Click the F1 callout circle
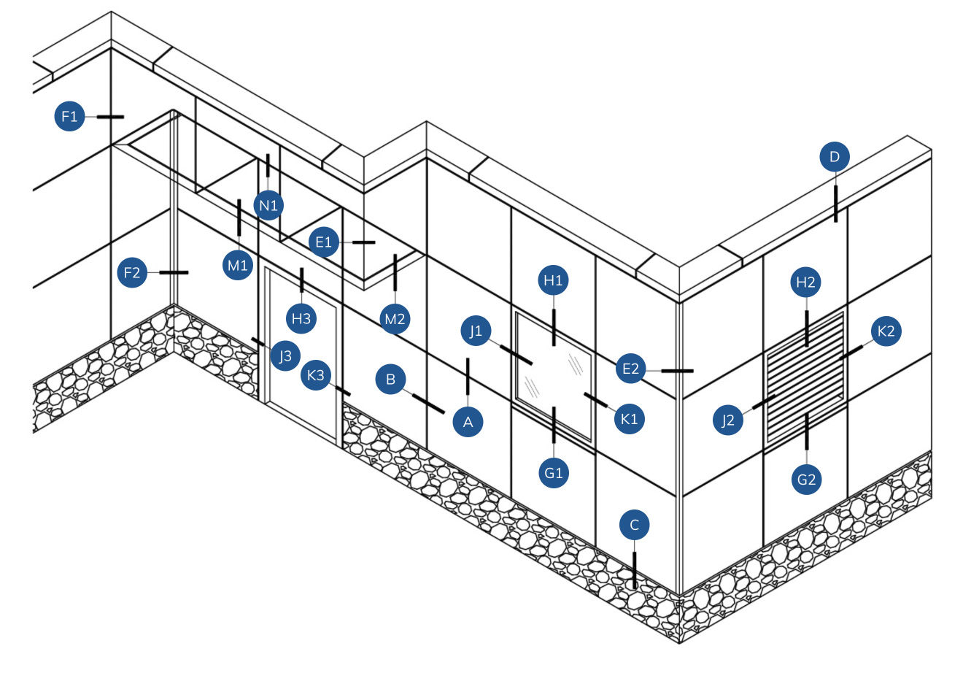pos(70,116)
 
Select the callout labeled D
pos(835,156)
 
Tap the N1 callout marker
pos(269,205)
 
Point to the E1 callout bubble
pos(324,242)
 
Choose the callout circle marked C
pos(634,525)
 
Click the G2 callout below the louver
pos(806,480)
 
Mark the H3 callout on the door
pos(301,318)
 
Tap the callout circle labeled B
pos(391,380)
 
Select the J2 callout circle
pos(728,420)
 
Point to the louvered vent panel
pos(805,377)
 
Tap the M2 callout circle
pos(395,318)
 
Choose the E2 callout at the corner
pos(630,369)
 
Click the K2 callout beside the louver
pos(886,331)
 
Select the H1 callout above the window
pos(554,280)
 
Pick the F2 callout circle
pos(132,273)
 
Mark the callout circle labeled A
pos(468,422)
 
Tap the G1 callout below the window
pos(554,472)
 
